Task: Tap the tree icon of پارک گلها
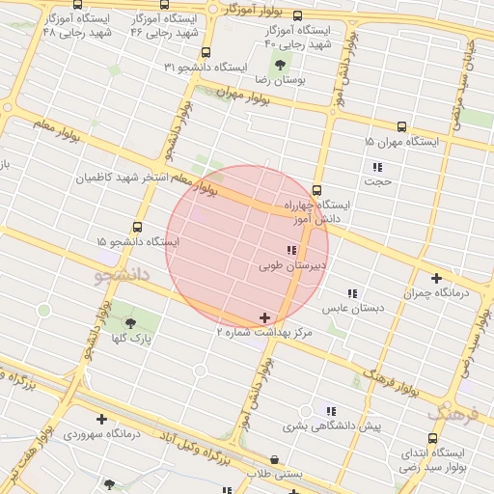[130, 322]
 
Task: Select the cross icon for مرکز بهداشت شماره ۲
[265, 317]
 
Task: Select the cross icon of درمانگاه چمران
[436, 278]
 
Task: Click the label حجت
[377, 180]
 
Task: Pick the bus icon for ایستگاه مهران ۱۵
[402, 126]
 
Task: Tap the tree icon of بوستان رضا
[279, 66]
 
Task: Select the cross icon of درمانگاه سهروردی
[101, 419]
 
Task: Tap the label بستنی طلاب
[276, 475]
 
